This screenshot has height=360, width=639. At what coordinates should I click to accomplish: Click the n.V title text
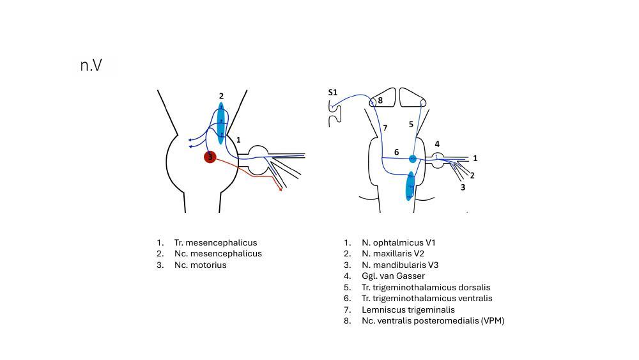pos(91,65)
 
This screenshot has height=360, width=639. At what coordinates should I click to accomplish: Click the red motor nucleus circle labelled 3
pos(210,157)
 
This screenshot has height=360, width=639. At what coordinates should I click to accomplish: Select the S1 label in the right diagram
pos(333,92)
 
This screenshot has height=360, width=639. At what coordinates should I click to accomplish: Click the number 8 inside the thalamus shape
pos(380,100)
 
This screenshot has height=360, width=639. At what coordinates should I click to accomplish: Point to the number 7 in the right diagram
pos(385,128)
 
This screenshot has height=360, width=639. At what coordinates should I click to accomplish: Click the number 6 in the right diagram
pos(396,152)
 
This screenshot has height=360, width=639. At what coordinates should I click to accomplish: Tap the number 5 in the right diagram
pos(411,124)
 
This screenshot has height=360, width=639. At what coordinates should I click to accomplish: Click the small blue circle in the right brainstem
pos(413,159)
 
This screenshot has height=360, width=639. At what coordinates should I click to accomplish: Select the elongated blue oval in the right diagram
pos(410,186)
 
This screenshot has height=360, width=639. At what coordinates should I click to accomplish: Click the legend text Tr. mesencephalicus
pos(215,242)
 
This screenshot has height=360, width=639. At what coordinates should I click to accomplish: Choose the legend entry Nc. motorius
pos(200,265)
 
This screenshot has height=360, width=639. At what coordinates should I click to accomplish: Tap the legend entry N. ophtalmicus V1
pos(398,242)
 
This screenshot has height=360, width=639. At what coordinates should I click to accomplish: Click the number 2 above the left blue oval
pos(221,96)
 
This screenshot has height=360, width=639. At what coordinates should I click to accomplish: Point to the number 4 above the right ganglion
pos(437,144)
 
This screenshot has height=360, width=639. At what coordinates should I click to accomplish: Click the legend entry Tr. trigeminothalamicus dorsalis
pos(426,287)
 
